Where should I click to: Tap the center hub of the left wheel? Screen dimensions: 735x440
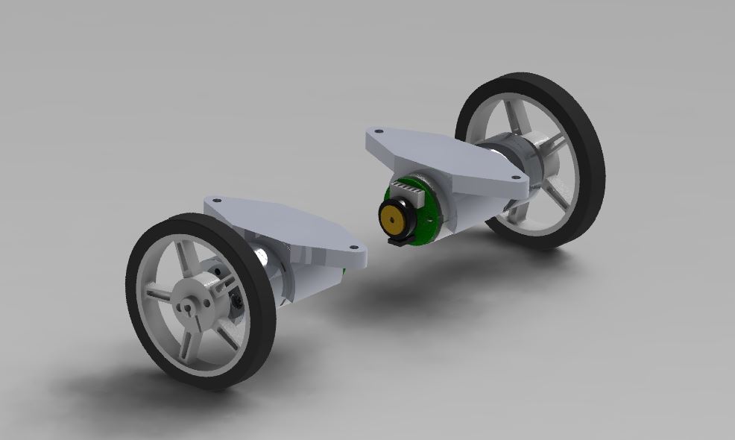192,304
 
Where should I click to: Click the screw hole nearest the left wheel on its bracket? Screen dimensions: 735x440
217,201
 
